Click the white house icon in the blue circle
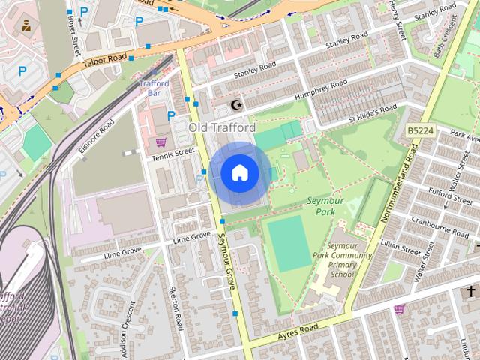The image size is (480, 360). click(x=238, y=173)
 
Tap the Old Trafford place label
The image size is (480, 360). click(x=222, y=128)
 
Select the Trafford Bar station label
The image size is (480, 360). click(x=154, y=88)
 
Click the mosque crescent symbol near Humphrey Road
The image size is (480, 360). click(x=238, y=105)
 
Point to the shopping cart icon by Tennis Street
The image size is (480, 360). click(x=160, y=141)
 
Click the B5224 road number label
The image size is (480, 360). click(x=421, y=130)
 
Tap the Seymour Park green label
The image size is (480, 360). click(x=328, y=206)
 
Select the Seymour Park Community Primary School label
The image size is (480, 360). click(x=351, y=260)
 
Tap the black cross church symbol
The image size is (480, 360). click(x=472, y=291)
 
